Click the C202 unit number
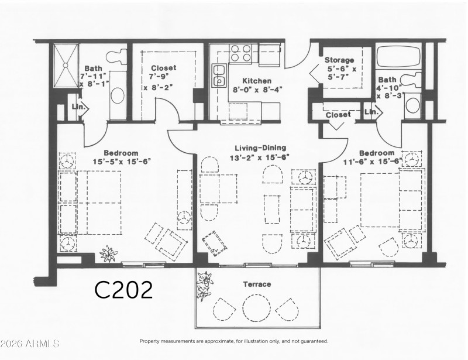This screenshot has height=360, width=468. tap(124, 289)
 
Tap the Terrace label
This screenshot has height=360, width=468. tap(257, 284)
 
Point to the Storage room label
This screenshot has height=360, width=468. tap(339, 60)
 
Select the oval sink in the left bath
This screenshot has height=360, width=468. tap(118, 96)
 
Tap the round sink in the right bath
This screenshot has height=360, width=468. tap(414, 105)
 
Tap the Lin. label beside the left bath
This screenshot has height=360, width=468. tap(78, 107)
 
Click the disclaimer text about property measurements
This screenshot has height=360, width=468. tap(233, 341)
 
